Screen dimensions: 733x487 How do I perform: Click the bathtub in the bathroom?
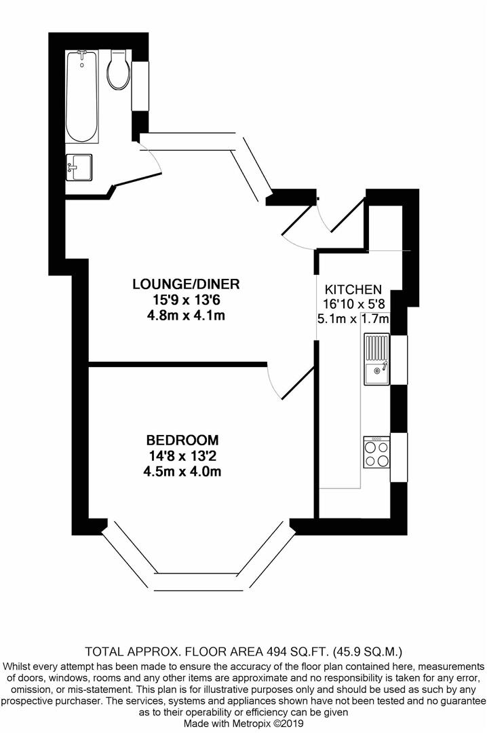[x=83, y=96]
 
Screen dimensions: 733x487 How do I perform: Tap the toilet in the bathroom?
[x=118, y=71]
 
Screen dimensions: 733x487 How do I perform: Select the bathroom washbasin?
[x=79, y=167]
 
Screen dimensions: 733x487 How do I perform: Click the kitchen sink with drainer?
[x=377, y=358]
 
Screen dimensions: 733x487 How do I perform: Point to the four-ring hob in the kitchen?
[x=377, y=452]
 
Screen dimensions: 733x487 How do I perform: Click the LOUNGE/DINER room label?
[x=186, y=284]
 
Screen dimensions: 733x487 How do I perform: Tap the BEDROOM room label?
[x=185, y=439]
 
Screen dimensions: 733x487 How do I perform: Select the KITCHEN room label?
[x=353, y=289]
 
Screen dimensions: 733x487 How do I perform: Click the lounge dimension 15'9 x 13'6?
[x=186, y=299]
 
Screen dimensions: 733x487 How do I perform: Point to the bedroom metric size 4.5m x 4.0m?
[x=185, y=471]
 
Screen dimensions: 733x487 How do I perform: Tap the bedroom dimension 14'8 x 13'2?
[x=185, y=455]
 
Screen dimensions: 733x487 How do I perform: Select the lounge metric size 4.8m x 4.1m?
[x=186, y=315]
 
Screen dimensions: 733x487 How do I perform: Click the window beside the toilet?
[x=141, y=86]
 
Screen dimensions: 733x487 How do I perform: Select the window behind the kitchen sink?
[x=399, y=358]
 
